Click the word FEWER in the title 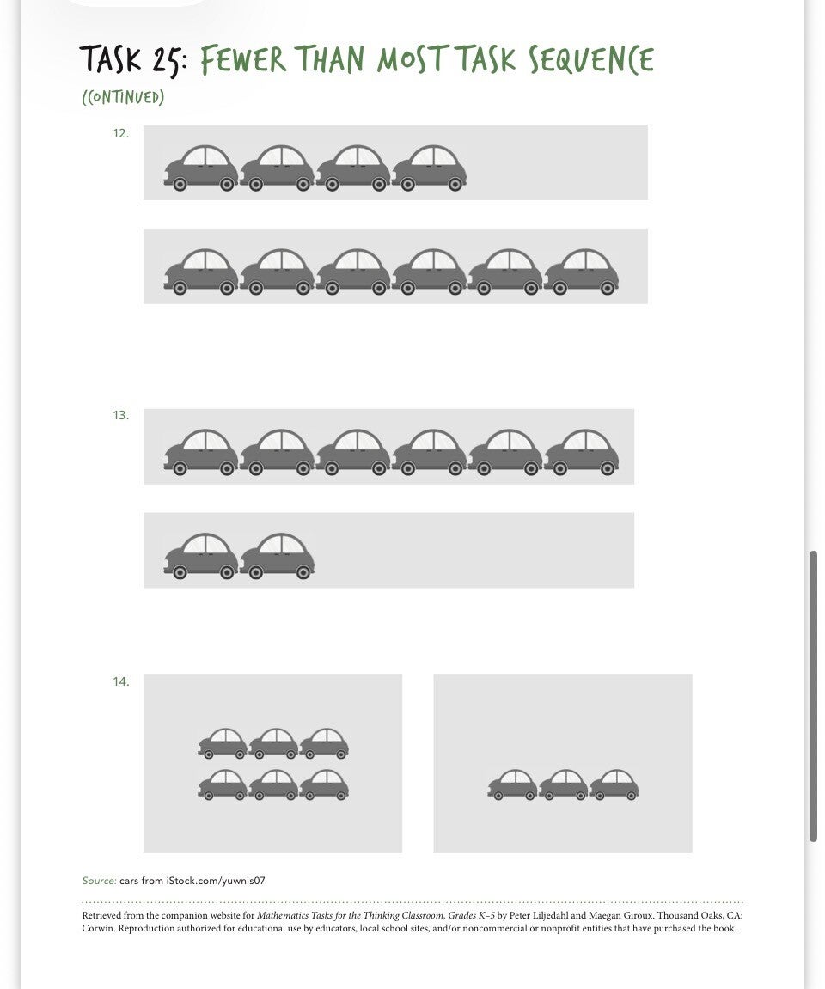pyautogui.click(x=243, y=60)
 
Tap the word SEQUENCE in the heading pyautogui.click(x=591, y=60)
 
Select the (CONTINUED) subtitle pyautogui.click(x=123, y=97)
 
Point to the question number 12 pyautogui.click(x=120, y=133)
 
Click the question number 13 pyautogui.click(x=120, y=415)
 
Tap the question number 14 pyautogui.click(x=120, y=681)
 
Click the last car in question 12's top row pyautogui.click(x=429, y=168)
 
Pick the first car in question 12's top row pyautogui.click(x=201, y=168)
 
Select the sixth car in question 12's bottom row pyautogui.click(x=582, y=272)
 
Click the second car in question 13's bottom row pyautogui.click(x=277, y=556)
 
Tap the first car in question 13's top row pyautogui.click(x=201, y=452)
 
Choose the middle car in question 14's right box pyautogui.click(x=563, y=784)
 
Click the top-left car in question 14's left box pyautogui.click(x=223, y=743)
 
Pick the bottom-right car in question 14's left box pyautogui.click(x=324, y=784)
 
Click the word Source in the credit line pyautogui.click(x=99, y=881)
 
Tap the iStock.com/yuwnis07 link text pyautogui.click(x=216, y=881)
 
